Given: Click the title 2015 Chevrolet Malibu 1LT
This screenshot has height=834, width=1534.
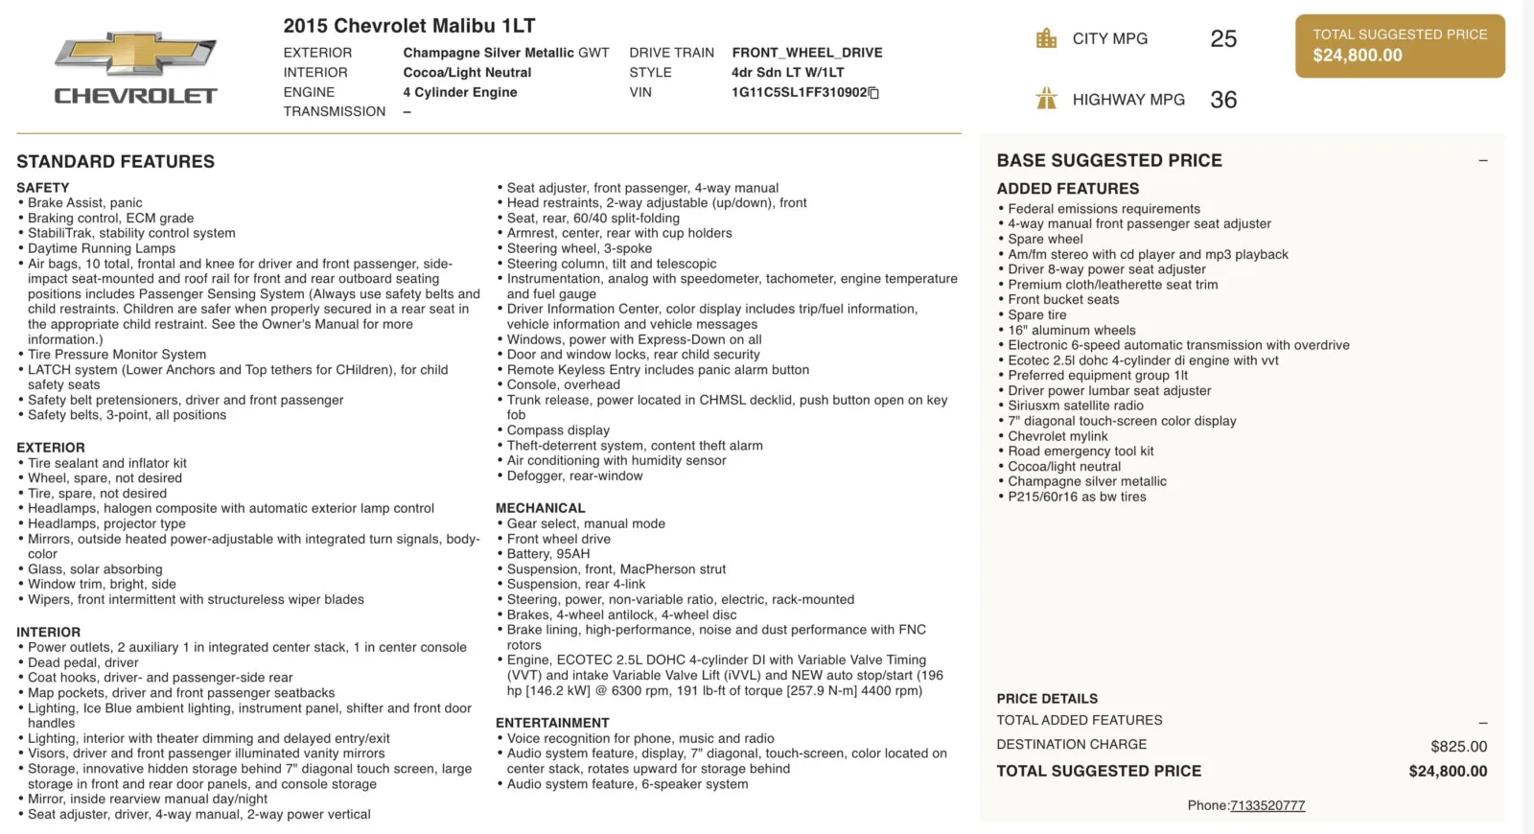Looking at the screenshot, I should tap(409, 26).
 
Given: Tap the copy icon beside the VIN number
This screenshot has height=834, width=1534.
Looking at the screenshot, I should tap(873, 93).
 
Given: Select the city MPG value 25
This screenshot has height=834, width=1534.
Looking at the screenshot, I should tap(1223, 39).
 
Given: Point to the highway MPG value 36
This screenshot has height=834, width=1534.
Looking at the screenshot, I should tap(1223, 100).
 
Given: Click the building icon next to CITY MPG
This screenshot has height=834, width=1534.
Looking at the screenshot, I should tap(1046, 39).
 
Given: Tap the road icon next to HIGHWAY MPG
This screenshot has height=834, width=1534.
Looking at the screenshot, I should tap(1046, 99).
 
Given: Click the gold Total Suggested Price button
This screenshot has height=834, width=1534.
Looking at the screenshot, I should tap(1400, 46).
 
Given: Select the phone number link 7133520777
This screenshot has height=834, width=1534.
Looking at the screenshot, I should tap(1267, 806).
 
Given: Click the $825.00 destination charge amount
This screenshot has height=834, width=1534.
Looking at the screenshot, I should tap(1458, 747).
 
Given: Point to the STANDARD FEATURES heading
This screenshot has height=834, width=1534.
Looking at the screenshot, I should tap(116, 162).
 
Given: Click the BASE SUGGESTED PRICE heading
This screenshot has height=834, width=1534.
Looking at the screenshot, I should tap(1109, 161).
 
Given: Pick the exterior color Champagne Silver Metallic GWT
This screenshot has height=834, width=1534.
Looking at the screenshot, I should tap(505, 53).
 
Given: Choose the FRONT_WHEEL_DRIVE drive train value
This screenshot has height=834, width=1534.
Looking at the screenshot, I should tap(807, 53).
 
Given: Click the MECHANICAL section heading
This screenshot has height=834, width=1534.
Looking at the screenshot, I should tap(540, 508).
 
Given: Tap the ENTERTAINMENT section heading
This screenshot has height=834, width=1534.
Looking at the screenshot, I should tap(552, 723).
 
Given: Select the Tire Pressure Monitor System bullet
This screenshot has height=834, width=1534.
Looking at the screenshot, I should tap(117, 355).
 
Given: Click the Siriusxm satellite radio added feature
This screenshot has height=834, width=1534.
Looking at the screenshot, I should tap(1076, 405).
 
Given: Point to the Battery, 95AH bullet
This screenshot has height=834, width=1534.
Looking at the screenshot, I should tap(548, 554).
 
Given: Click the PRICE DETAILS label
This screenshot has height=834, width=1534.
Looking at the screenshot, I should tap(1047, 699).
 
